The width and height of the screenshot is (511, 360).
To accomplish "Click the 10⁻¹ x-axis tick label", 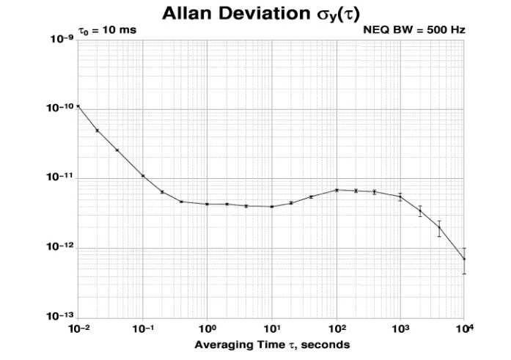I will [x=143, y=328].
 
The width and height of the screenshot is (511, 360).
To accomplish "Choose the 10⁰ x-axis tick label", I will [x=207, y=328].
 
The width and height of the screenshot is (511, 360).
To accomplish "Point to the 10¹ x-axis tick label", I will [x=272, y=328].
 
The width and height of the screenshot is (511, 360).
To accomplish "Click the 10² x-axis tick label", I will [x=337, y=328].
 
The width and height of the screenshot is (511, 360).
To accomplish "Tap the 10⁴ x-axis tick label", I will [x=466, y=328].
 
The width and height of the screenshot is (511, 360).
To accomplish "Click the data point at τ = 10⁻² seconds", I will [x=78, y=106].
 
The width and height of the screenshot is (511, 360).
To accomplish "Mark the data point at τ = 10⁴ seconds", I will [x=465, y=259].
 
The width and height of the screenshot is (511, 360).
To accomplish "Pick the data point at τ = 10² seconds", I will [x=337, y=190].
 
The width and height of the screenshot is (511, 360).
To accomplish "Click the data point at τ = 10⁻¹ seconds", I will [x=143, y=176].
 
